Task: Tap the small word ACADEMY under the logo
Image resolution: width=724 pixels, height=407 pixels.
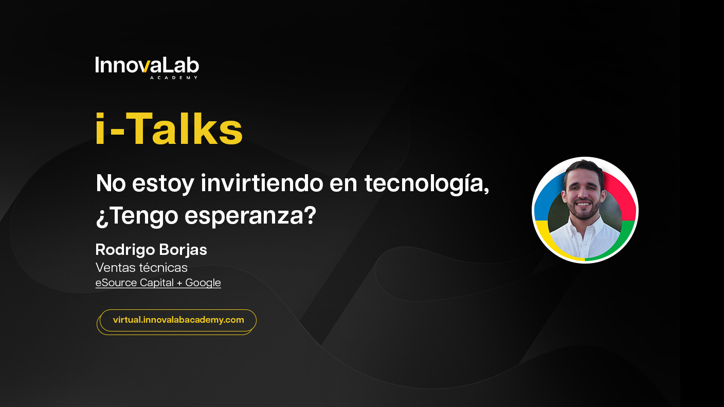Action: click(x=174, y=78)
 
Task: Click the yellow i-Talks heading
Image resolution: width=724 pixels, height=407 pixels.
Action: click(x=169, y=128)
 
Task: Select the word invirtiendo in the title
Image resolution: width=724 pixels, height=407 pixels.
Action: click(x=262, y=183)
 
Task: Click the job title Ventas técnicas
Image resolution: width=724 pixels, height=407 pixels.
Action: click(x=141, y=267)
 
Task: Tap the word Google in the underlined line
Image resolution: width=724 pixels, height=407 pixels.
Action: click(x=203, y=283)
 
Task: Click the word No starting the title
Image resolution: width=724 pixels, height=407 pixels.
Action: click(x=111, y=183)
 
